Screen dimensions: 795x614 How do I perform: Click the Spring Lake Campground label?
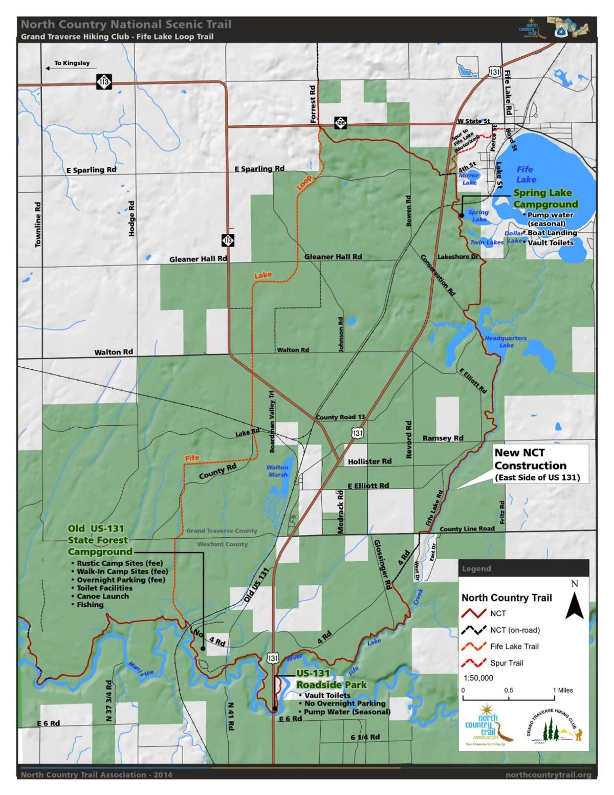pyautogui.click(x=542, y=198)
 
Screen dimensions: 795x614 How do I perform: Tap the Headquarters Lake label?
pyautogui.click(x=506, y=342)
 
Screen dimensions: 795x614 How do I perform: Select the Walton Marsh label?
pyautogui.click(x=277, y=471)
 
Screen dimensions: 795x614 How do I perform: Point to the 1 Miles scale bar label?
pyautogui.click(x=562, y=690)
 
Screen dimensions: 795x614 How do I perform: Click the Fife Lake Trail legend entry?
pyautogui.click(x=514, y=646)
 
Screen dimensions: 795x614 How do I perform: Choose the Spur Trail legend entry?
pyautogui.click(x=507, y=663)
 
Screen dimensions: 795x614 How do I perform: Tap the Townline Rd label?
pyautogui.click(x=38, y=225)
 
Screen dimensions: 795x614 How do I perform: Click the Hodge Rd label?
pyautogui.click(x=132, y=218)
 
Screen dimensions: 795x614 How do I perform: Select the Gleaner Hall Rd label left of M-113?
pyautogui.click(x=198, y=259)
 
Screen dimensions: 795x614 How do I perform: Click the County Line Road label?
pyautogui.click(x=467, y=528)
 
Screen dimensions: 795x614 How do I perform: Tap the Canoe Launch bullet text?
pyautogui.click(x=102, y=596)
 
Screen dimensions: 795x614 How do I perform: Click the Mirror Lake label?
pyautogui.click(x=469, y=179)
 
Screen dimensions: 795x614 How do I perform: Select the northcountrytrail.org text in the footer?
pyautogui.click(x=548, y=775)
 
